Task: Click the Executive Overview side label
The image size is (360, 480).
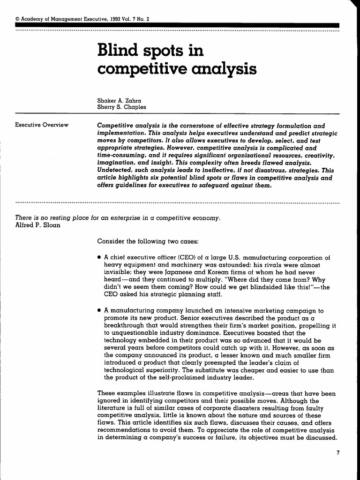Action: coord(42,125)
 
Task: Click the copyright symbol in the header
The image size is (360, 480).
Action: coord(18,19)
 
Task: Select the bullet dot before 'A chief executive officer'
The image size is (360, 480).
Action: coord(99,257)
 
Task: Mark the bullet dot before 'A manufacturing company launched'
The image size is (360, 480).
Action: coord(99,310)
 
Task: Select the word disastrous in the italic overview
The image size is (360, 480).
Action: coord(264,172)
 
